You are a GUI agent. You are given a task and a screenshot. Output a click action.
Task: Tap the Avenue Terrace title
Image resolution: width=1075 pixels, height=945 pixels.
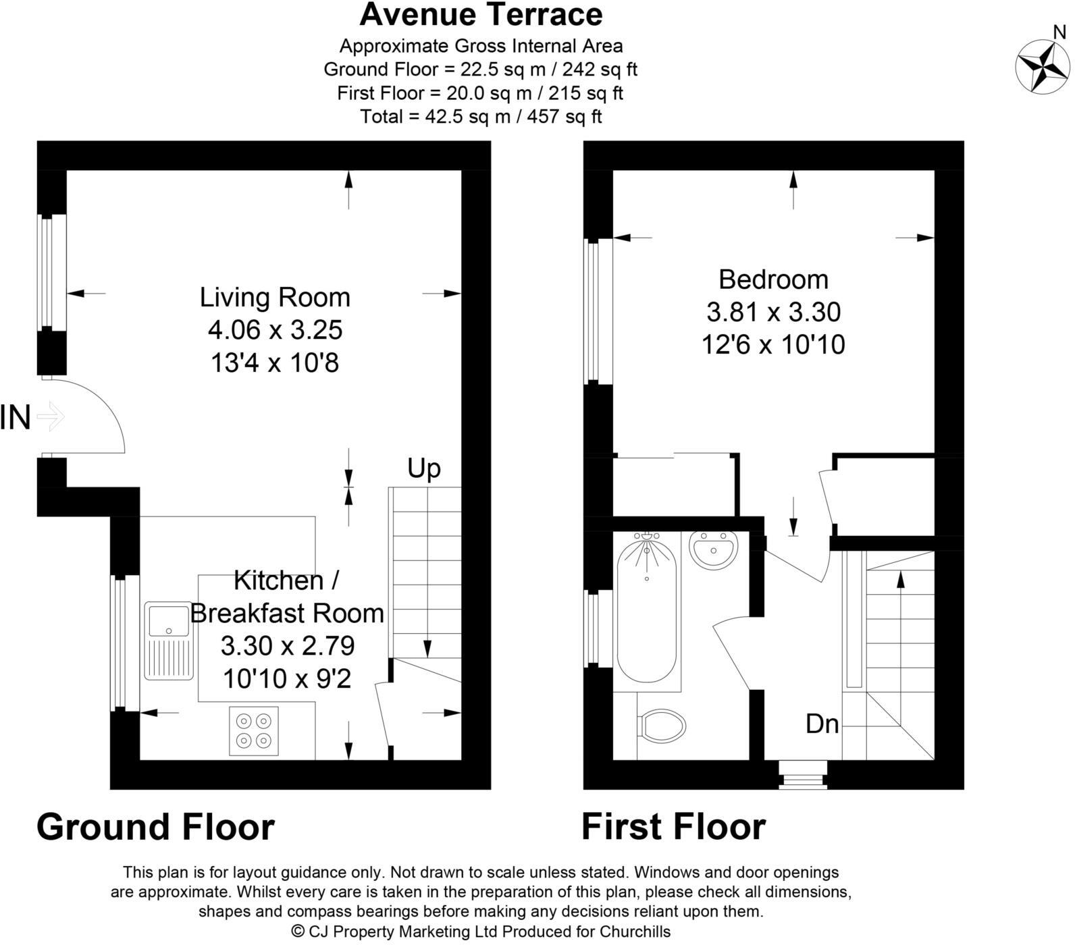(x=481, y=15)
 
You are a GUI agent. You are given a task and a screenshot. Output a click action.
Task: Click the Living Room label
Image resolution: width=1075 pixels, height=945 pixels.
(x=275, y=297)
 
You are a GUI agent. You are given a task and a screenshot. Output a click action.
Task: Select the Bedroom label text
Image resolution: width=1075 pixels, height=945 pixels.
(x=773, y=279)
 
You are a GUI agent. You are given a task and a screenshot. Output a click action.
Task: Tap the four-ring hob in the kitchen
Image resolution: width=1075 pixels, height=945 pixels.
(x=254, y=731)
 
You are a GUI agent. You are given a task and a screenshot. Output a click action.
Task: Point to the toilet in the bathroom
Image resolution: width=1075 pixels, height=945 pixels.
(x=662, y=726)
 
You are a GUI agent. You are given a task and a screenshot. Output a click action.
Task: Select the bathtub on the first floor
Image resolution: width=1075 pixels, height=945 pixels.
(x=647, y=607)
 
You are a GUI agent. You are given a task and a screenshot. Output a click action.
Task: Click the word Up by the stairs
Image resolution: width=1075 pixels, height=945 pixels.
(x=424, y=468)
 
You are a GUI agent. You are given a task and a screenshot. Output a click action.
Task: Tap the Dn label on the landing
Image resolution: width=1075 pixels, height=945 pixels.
(x=822, y=724)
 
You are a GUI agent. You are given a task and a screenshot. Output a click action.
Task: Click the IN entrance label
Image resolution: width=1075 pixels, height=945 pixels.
(x=15, y=417)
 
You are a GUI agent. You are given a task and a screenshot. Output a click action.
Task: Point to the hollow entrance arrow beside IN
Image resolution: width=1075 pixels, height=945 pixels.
(x=50, y=416)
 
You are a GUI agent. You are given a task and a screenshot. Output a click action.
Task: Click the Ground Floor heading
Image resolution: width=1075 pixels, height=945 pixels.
(x=155, y=827)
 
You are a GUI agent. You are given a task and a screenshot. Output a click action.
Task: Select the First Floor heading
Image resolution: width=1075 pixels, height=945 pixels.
(x=673, y=827)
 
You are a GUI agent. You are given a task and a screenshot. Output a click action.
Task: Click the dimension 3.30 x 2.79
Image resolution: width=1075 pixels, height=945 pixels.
(x=288, y=646)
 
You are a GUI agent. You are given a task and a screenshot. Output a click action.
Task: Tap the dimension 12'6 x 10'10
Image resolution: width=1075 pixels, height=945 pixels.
(x=773, y=345)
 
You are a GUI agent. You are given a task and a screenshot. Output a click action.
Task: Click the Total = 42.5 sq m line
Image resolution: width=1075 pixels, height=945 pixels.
(x=481, y=117)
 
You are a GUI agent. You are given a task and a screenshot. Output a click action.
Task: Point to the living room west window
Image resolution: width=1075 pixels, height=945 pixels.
(x=47, y=272)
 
